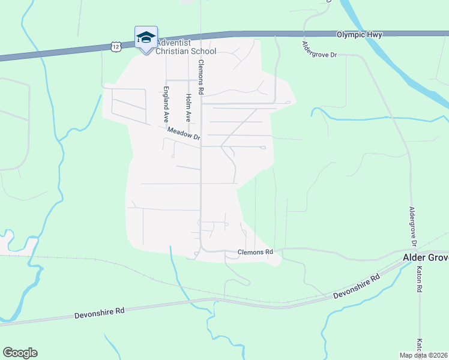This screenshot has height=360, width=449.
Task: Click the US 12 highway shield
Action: (116, 46)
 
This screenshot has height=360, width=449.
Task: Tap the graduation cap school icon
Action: (146, 38)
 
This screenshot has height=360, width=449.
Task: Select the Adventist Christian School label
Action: (185, 47)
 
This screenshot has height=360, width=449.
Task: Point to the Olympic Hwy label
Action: (359, 35)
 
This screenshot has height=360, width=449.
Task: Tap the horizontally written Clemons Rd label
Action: (255, 252)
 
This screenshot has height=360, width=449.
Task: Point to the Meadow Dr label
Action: (183, 133)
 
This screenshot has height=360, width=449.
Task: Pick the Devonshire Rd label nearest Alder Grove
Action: (357, 286)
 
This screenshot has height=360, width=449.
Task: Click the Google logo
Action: (20, 353)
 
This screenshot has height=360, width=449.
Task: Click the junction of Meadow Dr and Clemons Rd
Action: (200, 143)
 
